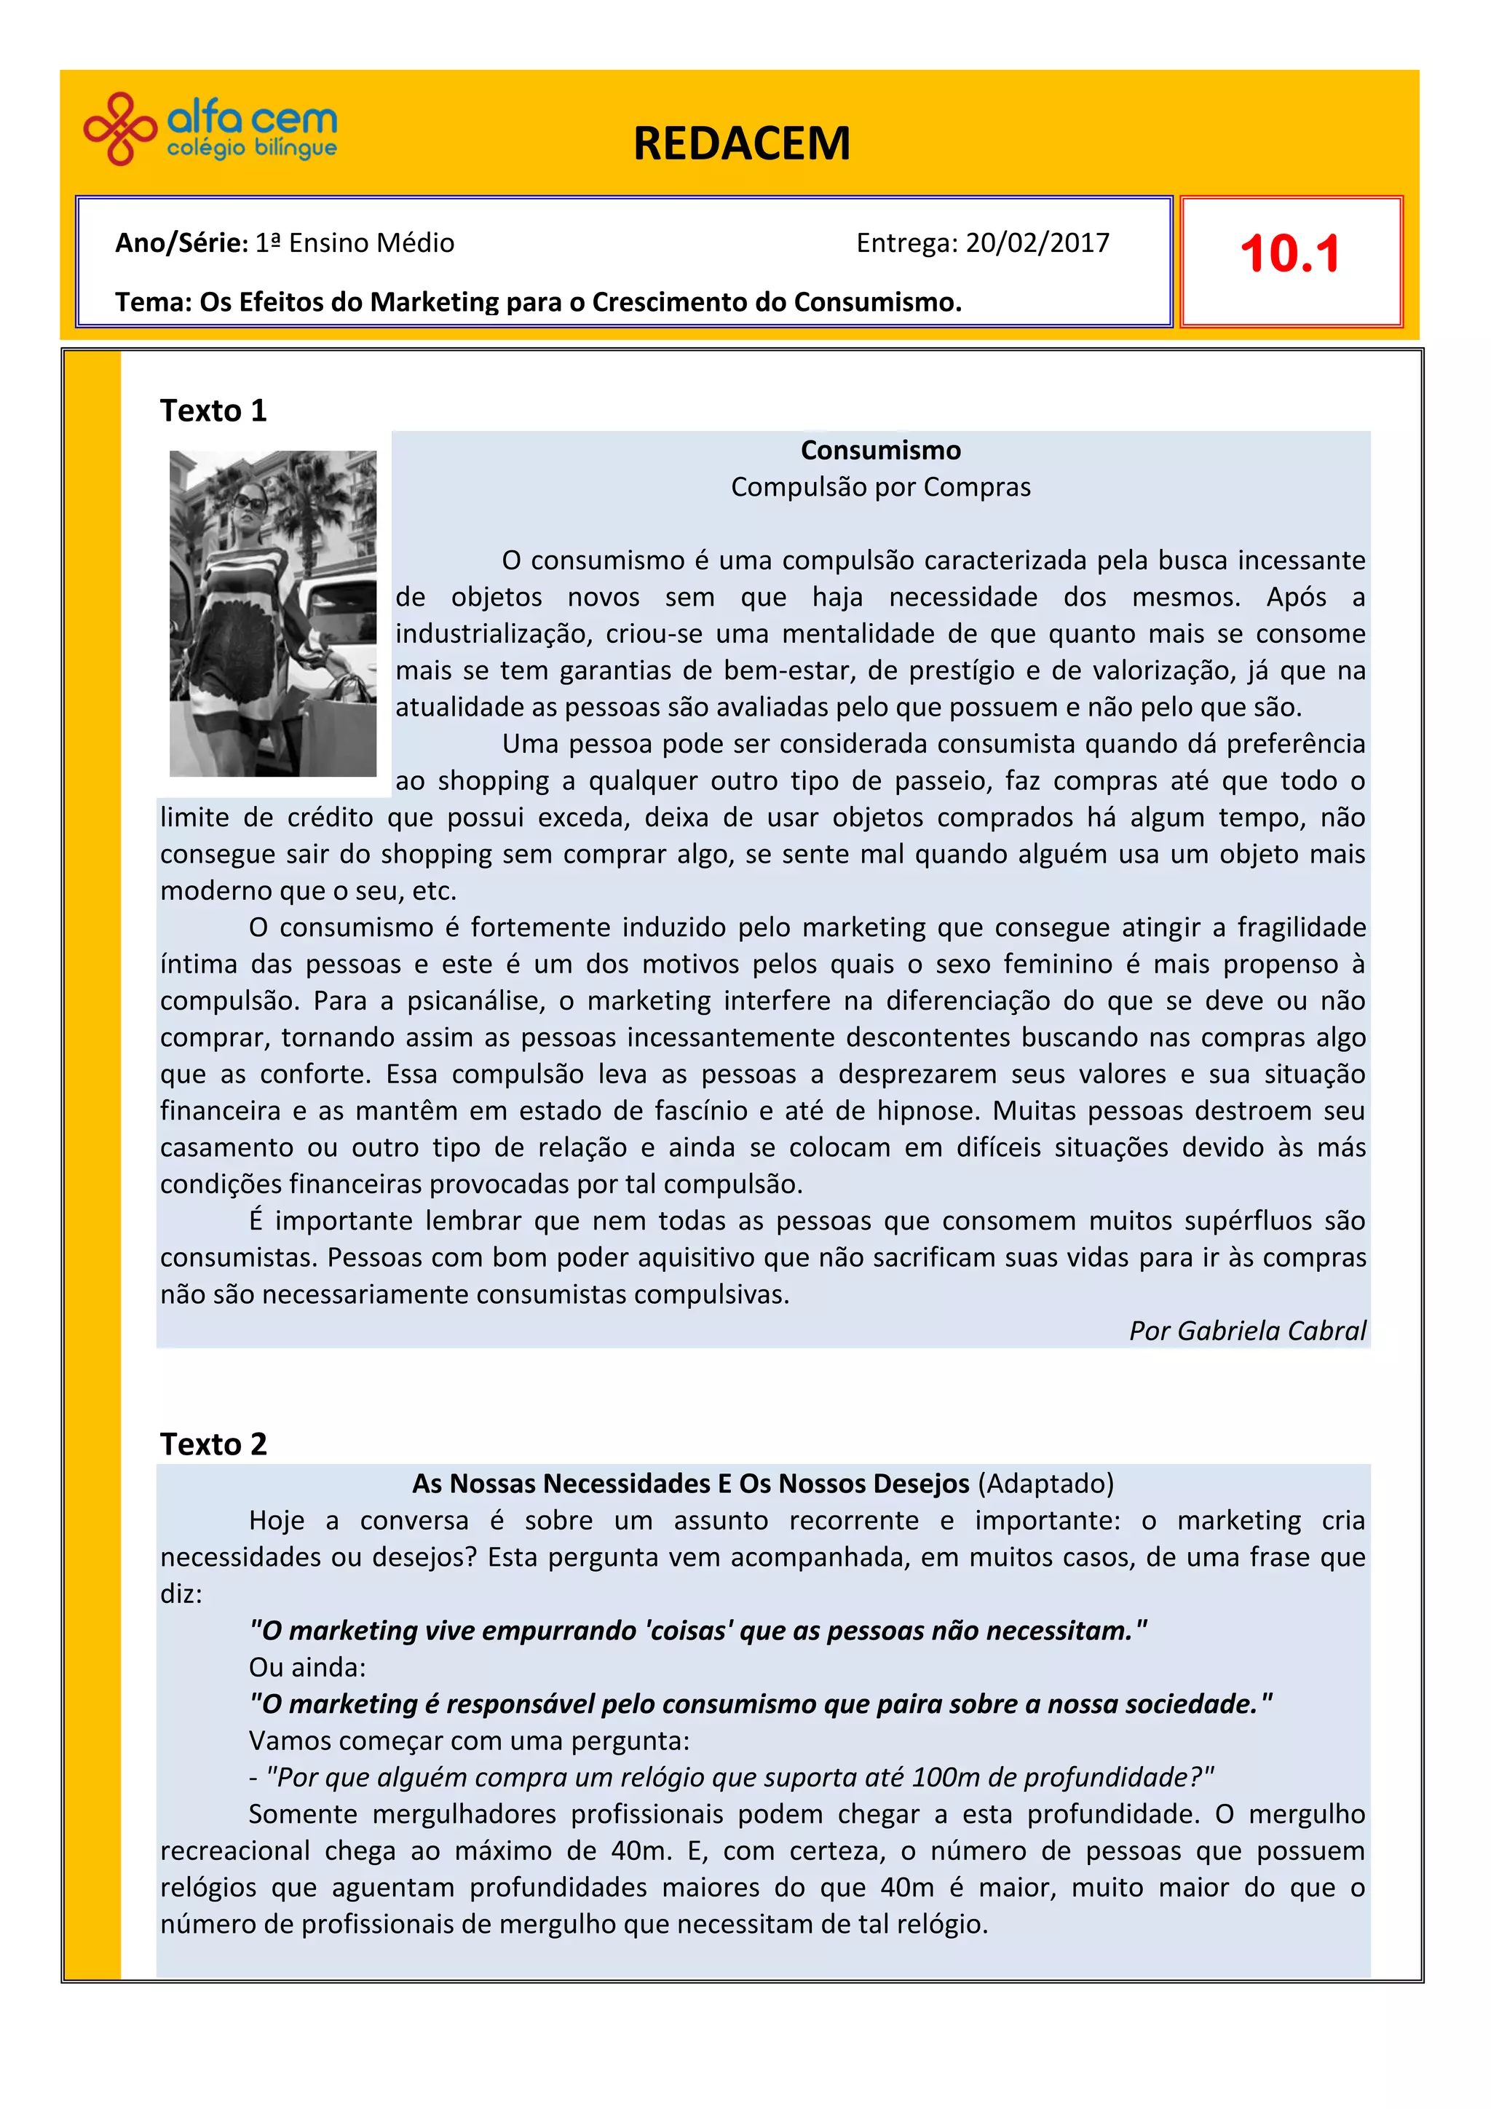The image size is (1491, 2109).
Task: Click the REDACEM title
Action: [x=741, y=144]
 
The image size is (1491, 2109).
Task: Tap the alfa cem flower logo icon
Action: [x=119, y=129]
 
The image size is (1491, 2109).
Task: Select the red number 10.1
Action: [x=1290, y=255]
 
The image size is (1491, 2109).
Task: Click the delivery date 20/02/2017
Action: [x=1037, y=243]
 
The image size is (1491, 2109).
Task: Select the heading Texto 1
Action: [x=213, y=411]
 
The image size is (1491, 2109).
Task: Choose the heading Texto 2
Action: [x=213, y=1444]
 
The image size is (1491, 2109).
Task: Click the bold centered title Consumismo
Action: [x=880, y=450]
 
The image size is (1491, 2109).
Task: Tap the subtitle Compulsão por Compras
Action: [x=880, y=487]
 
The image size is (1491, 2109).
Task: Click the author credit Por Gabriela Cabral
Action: [x=1246, y=1331]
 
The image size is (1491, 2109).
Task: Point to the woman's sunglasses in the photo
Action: [x=250, y=502]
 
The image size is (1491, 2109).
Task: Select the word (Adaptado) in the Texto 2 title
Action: [x=1045, y=1484]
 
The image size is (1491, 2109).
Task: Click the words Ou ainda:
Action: [x=306, y=1667]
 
